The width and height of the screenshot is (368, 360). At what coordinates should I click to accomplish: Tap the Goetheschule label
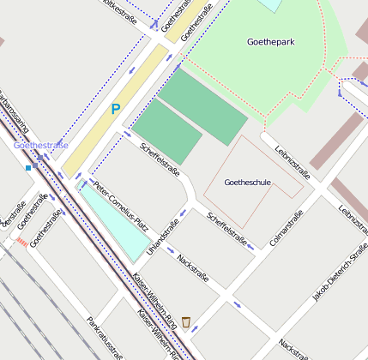pyautogui.click(x=247, y=183)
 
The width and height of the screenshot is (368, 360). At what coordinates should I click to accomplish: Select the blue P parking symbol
pyautogui.click(x=115, y=110)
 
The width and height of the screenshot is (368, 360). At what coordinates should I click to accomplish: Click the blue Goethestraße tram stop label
pyautogui.click(x=40, y=146)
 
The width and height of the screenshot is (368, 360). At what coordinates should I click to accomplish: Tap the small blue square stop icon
pyautogui.click(x=28, y=168)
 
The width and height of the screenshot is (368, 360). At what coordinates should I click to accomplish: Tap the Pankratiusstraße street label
pyautogui.click(x=106, y=338)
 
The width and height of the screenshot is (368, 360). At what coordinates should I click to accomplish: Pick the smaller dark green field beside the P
pyautogui.click(x=166, y=132)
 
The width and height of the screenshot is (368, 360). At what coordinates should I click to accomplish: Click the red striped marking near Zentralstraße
pyautogui.click(x=21, y=243)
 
